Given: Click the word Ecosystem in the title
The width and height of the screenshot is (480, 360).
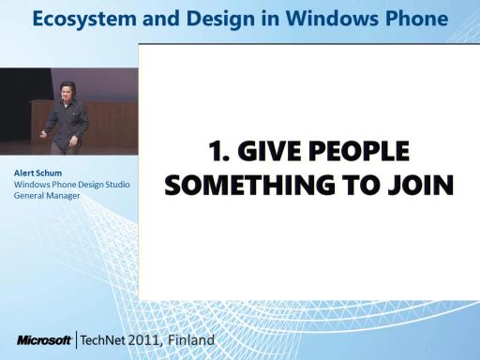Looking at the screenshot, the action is tap(84, 19).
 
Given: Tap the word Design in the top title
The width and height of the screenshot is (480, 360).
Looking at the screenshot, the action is tap(220, 19).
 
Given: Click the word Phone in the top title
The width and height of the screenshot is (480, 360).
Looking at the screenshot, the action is tap(417, 19).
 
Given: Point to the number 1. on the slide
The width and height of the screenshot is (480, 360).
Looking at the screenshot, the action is tap(219, 151).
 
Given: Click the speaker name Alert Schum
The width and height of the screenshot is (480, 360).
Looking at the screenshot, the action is tap(37, 172).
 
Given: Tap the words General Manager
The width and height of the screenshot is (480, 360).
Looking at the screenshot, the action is tap(47, 196).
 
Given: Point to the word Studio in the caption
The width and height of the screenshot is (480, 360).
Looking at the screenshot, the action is tap(117, 185).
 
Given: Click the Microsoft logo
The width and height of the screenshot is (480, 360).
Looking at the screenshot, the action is tap(44, 340).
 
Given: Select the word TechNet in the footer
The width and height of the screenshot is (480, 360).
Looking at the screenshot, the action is tap(103, 340).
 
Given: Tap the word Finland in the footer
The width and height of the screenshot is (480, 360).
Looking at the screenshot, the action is tap(191, 339).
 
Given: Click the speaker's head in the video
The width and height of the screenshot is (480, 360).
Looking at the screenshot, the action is tap(67, 91).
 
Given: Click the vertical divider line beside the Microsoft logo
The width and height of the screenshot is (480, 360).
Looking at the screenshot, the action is tap(76, 340).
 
